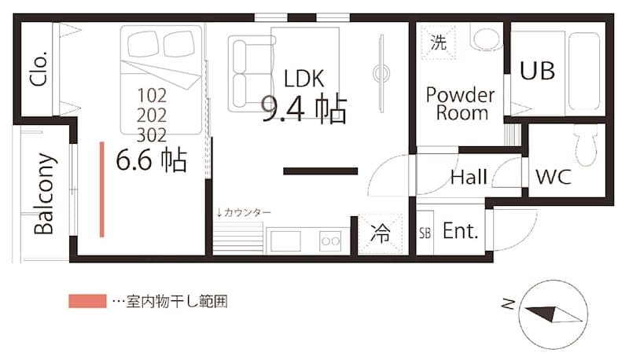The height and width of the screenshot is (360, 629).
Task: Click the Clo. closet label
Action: click(39, 68)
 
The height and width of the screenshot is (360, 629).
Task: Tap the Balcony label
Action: click(45, 193)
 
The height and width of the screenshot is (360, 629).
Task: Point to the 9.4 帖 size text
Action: click(303, 110)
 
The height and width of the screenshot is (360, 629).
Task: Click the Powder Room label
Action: click(461, 104)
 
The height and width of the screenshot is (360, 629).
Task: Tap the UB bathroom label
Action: click(538, 71)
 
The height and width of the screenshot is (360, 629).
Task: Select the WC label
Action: click(554, 177)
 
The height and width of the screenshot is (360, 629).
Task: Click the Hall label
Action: click(469, 178)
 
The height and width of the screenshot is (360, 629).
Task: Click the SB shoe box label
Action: click(425, 233)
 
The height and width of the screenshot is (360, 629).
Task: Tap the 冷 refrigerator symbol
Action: click(380, 234)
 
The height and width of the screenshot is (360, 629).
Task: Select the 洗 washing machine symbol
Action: click(438, 42)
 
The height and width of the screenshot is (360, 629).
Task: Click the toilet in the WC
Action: click(585, 145)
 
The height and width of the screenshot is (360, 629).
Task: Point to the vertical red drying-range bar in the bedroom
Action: click(102, 189)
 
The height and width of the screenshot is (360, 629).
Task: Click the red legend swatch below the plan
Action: click(86, 301)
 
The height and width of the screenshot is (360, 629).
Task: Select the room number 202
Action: click(152, 115)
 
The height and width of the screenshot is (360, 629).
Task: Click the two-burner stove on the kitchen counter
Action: click(330, 241)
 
